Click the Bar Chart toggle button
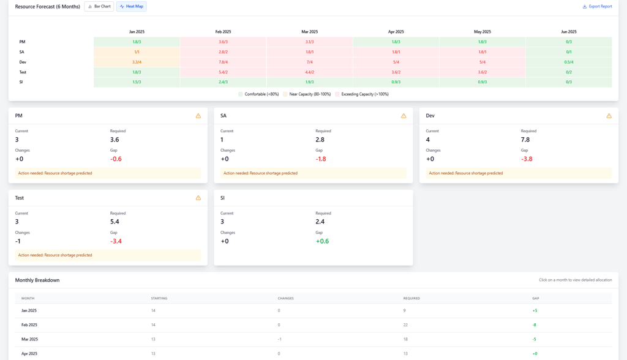point(99,7)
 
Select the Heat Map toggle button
point(132,7)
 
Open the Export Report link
point(597,7)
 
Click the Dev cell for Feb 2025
point(223,62)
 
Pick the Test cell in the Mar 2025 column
point(309,72)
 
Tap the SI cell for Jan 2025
point(137,82)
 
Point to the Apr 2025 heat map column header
point(396,32)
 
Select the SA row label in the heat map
point(22,52)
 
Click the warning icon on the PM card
point(198,116)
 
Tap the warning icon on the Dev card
point(609,116)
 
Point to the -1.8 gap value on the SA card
point(320,159)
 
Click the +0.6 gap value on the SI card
point(322,241)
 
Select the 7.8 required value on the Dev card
point(525,140)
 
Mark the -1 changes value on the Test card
point(18,241)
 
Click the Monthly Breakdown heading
point(37,280)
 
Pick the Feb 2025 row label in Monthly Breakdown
point(29,325)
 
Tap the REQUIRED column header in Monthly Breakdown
point(411,298)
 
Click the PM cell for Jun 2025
point(568,42)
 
